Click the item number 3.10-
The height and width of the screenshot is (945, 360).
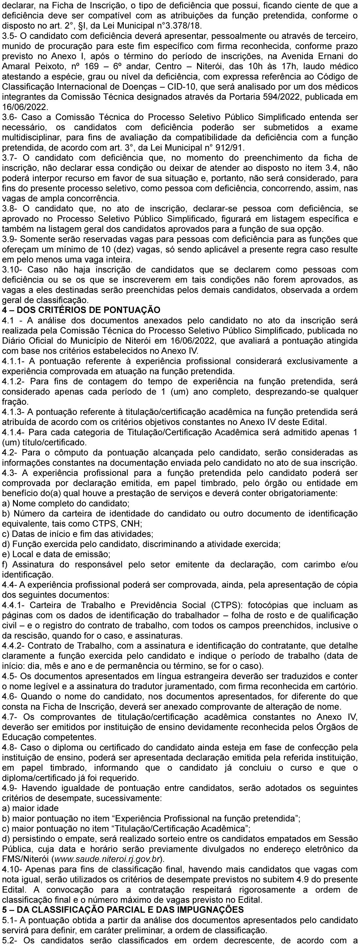point(13,269)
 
